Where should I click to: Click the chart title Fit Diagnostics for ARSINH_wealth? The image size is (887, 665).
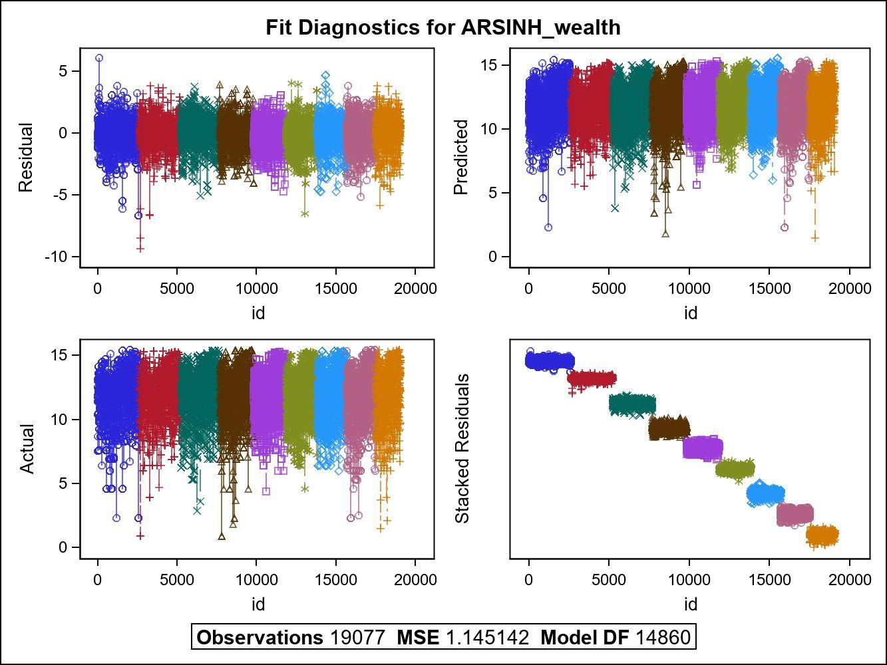(443, 27)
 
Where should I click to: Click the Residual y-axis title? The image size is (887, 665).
(25, 158)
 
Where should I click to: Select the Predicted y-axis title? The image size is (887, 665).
(460, 158)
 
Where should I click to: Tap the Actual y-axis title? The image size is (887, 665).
(26, 449)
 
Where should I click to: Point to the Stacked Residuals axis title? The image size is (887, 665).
(462, 449)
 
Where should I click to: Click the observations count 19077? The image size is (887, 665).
(357, 638)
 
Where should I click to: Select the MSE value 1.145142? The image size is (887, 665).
(486, 638)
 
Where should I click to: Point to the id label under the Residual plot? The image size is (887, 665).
(258, 313)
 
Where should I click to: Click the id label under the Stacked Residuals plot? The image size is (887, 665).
(690, 604)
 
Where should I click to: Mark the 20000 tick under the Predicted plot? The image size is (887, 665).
(848, 289)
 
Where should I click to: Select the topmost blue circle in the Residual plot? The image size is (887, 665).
(99, 59)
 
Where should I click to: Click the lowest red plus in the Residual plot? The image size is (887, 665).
(140, 249)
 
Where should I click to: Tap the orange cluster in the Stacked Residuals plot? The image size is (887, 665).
(822, 534)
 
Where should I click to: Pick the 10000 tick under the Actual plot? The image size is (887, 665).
(256, 580)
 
